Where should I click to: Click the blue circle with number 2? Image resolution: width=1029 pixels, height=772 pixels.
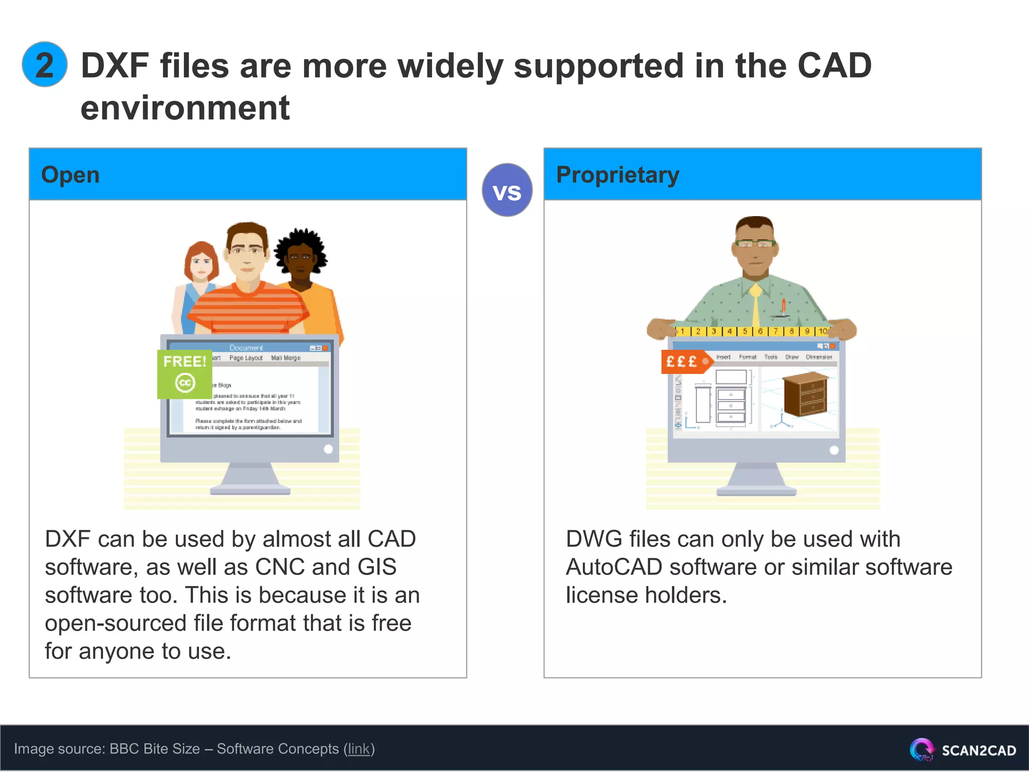(x=45, y=65)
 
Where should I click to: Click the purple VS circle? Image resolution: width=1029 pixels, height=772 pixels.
(x=507, y=190)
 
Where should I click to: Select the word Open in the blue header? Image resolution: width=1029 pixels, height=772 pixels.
(x=70, y=175)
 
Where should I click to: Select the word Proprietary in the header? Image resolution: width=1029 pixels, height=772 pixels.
(x=618, y=175)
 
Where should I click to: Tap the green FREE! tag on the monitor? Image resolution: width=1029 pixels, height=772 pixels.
(x=184, y=373)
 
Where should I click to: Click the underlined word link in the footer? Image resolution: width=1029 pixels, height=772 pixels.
(x=359, y=749)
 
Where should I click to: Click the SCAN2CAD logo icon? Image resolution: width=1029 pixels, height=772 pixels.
(x=921, y=749)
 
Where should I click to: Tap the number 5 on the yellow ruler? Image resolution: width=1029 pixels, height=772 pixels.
(x=745, y=331)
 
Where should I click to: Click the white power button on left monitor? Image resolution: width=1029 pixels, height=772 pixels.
(x=329, y=449)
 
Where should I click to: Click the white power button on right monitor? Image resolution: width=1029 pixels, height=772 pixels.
(x=834, y=450)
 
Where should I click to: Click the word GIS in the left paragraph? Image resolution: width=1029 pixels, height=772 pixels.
(x=377, y=567)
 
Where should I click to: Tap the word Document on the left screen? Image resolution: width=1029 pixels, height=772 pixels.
(x=246, y=348)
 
